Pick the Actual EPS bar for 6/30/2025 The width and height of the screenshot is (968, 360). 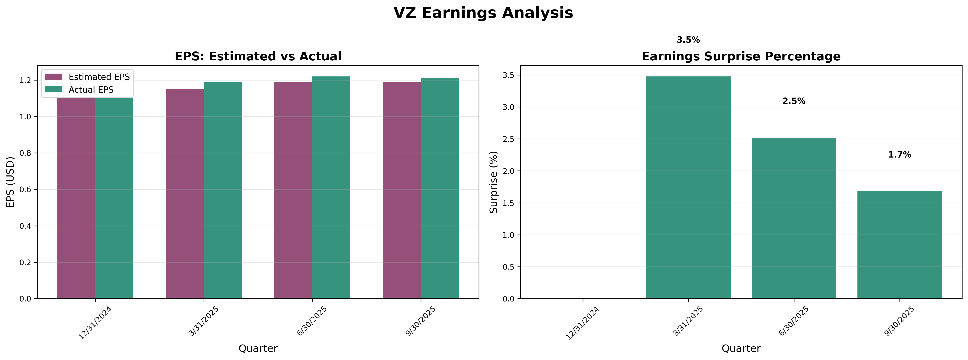(331, 188)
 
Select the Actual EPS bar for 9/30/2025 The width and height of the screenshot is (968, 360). (440, 189)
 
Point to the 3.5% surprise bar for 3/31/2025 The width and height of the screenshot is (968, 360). (688, 188)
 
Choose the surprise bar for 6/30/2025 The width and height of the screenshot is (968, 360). (794, 218)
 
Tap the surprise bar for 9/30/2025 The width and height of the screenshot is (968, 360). (899, 245)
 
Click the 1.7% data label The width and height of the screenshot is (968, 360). (900, 155)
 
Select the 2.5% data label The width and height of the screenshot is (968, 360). (794, 101)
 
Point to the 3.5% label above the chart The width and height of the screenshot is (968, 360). (688, 40)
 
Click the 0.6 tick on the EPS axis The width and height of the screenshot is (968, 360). (26, 189)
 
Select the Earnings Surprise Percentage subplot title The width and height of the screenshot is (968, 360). (741, 56)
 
